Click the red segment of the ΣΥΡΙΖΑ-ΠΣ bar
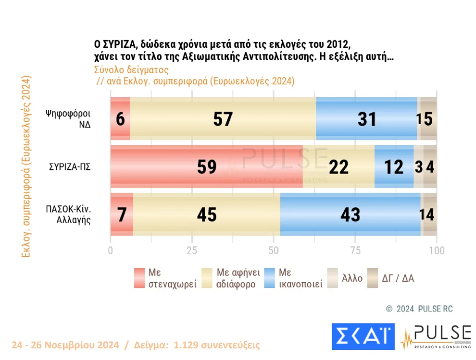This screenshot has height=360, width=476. click(206, 167)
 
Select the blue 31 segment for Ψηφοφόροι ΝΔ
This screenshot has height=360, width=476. click(366, 118)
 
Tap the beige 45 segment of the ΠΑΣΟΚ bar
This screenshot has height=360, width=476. click(206, 215)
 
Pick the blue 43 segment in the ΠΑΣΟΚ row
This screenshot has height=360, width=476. click(350, 215)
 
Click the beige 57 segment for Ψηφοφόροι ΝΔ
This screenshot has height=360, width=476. click(223, 118)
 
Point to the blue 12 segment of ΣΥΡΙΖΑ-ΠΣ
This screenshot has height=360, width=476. click(394, 167)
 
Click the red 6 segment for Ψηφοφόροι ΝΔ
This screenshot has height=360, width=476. click(121, 118)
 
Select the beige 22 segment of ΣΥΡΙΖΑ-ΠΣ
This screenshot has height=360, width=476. click(338, 167)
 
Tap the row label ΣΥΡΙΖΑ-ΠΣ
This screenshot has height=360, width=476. click(70, 167)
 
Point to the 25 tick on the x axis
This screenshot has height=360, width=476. click(192, 250)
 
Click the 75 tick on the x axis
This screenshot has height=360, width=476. click(355, 250)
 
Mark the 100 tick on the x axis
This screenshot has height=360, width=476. click(436, 250)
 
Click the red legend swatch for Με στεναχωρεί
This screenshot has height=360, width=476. click(140, 278)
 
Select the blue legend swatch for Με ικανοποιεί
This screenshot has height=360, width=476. click(271, 278)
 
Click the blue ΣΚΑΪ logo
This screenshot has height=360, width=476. click(362, 336)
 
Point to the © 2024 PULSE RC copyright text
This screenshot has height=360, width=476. click(419, 309)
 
